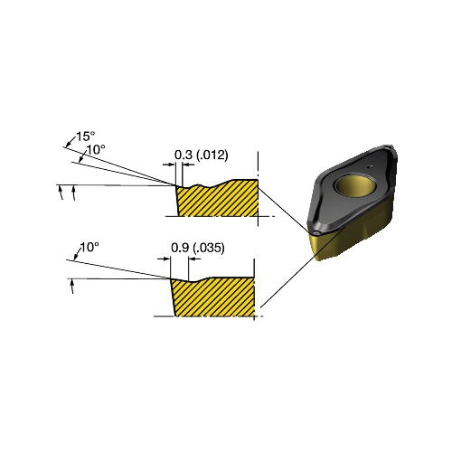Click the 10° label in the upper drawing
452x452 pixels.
(x=96, y=149)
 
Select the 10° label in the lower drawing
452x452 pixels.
(x=89, y=248)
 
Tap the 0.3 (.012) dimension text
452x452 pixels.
(x=202, y=155)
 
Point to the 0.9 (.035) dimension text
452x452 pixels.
(x=198, y=248)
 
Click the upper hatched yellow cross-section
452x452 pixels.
(x=218, y=200)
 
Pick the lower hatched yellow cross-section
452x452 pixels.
(x=213, y=297)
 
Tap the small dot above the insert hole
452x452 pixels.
(x=370, y=166)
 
